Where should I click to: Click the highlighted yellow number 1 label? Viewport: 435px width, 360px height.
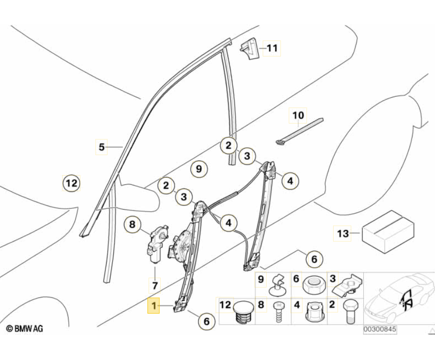click(x=154, y=305)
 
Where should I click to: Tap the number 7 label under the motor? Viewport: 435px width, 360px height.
click(x=155, y=286)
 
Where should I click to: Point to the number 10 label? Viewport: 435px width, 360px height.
click(x=298, y=115)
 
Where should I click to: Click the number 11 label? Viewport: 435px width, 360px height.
click(x=272, y=48)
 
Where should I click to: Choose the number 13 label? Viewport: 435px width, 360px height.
click(x=343, y=234)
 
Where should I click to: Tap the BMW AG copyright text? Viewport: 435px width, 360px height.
click(x=25, y=329)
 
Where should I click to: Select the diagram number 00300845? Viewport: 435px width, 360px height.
click(x=380, y=330)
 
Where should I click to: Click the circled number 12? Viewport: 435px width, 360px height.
click(x=71, y=183)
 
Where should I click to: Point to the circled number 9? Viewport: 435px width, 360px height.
click(x=199, y=169)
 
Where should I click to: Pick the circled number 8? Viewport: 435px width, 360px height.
click(x=133, y=224)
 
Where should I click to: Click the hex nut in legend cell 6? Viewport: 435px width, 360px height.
click(x=312, y=286)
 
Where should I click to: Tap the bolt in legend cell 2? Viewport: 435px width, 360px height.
click(x=349, y=311)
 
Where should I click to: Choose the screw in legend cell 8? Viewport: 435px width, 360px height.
click(x=277, y=314)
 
